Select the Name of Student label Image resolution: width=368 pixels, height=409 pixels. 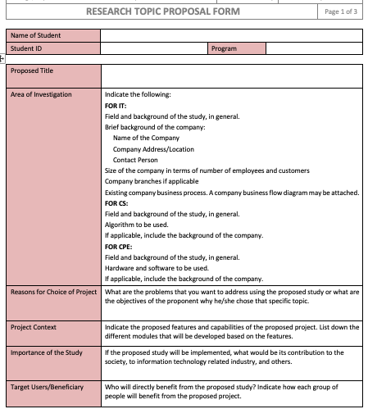point(37,36)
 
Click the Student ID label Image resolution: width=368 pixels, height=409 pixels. point(29,48)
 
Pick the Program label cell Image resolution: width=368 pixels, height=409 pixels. point(224,48)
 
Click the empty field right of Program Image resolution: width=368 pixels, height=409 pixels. point(315,48)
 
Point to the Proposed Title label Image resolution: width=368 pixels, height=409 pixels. point(32,70)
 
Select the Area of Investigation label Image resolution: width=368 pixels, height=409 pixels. point(41,94)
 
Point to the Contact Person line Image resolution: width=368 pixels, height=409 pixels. point(135,159)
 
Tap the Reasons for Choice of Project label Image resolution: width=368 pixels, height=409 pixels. point(51,291)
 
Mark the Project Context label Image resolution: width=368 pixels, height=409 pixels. point(34,327)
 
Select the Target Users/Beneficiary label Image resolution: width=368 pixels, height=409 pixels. point(47,384)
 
